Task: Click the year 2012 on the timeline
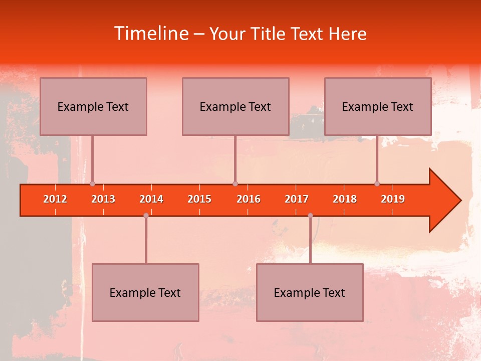tap(55, 199)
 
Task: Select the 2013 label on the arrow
tap(103, 199)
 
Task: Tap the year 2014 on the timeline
tap(151, 199)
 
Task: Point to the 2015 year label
tap(199, 199)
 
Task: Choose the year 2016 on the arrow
tap(249, 199)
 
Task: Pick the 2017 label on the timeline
tap(297, 199)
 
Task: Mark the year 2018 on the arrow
tap(345, 199)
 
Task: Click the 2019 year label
tap(393, 199)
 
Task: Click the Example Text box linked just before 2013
tap(93, 106)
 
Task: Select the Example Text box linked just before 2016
tap(235, 106)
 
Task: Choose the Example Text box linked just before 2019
tap(378, 106)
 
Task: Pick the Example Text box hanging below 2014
tap(145, 292)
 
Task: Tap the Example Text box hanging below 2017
tap(310, 292)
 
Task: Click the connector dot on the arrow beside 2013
tap(92, 184)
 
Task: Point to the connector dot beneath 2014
tap(146, 216)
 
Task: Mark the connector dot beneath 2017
tap(310, 216)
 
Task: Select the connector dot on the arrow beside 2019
tap(377, 184)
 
